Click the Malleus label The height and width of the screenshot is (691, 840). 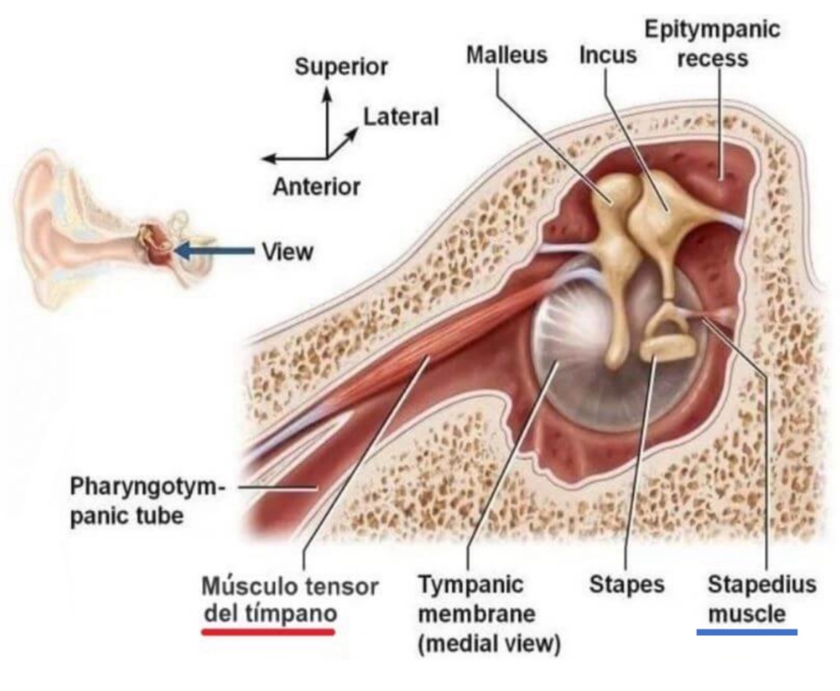[x=506, y=55]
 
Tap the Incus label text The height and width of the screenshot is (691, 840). [x=608, y=55]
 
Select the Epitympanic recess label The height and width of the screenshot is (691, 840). [x=712, y=43]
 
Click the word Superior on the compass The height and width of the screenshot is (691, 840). [x=341, y=67]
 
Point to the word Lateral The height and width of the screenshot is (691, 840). [x=401, y=117]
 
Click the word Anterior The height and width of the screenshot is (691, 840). [x=316, y=187]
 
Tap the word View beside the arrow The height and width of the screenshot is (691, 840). [x=288, y=252]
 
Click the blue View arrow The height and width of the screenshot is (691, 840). [x=214, y=251]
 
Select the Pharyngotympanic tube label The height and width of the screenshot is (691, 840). [x=146, y=502]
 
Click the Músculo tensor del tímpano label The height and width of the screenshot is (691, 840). [x=290, y=600]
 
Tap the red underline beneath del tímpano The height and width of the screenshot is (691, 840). [x=268, y=631]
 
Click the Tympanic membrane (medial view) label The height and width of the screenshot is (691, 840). [x=489, y=614]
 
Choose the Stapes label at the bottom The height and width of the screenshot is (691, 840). [x=627, y=585]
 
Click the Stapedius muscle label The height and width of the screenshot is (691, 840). [x=761, y=599]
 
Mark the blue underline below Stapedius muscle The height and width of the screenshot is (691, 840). [x=747, y=632]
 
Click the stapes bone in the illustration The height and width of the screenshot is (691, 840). [x=668, y=337]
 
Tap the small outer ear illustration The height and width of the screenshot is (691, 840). [x=69, y=227]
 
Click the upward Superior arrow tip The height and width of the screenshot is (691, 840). [x=327, y=92]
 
